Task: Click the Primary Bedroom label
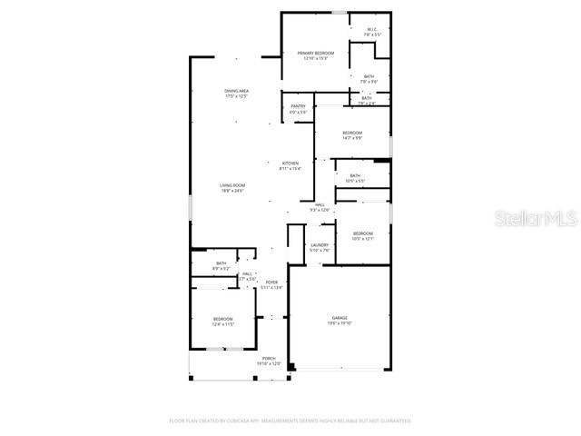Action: (316, 54)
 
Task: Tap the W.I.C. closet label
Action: (372, 29)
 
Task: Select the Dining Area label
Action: (237, 91)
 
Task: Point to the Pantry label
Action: (298, 106)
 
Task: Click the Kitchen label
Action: (290, 163)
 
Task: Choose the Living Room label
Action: (231, 185)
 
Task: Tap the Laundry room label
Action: (319, 245)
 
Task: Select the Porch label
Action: (269, 359)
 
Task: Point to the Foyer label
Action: (271, 282)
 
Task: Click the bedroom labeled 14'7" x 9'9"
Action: (352, 133)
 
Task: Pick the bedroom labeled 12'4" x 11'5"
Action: (223, 319)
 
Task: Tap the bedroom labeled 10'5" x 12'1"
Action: (362, 233)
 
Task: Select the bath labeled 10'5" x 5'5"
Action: (355, 176)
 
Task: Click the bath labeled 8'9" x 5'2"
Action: (222, 263)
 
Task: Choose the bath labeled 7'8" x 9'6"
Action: (369, 76)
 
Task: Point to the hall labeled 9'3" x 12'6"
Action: (320, 205)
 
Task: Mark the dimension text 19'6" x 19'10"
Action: (339, 322)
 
